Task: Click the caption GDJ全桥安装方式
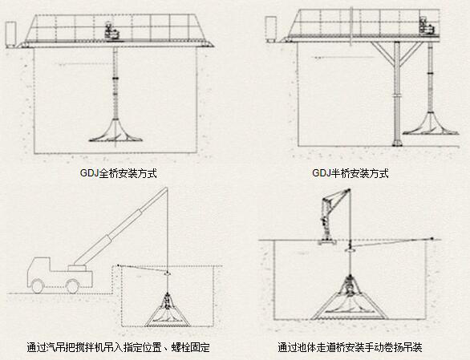coord(118,173)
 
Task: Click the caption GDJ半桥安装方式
coord(350,173)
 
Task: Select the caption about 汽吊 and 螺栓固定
coord(118,347)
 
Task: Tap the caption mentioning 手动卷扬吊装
coord(350,347)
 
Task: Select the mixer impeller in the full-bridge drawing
coord(115,131)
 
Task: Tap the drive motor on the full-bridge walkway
coord(112,31)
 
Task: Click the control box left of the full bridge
coord(10,34)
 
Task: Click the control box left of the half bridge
coord(270,29)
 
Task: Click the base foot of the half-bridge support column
coord(397,142)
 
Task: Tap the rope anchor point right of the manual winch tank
coord(432,239)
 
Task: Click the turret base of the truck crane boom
coord(77,268)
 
